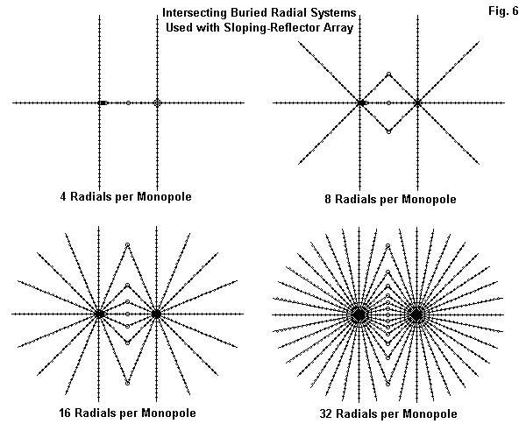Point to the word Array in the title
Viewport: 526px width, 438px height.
[343, 27]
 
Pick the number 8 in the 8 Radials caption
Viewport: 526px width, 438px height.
[328, 200]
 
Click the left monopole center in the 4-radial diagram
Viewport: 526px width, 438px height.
[100, 103]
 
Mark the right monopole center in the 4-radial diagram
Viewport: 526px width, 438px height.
[157, 103]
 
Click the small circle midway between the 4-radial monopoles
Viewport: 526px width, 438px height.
[128, 103]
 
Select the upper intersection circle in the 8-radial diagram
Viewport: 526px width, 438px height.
[388, 74]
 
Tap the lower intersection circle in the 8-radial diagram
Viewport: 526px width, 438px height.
[388, 131]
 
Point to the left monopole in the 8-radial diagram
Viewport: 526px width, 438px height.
[361, 103]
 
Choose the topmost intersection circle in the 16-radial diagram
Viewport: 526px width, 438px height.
[128, 244]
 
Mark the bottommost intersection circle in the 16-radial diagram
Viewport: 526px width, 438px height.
[128, 383]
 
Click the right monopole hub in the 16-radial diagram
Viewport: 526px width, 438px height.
[156, 313]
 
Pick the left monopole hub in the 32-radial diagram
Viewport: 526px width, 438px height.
[359, 314]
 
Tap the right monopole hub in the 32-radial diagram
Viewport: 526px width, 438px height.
[416, 314]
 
